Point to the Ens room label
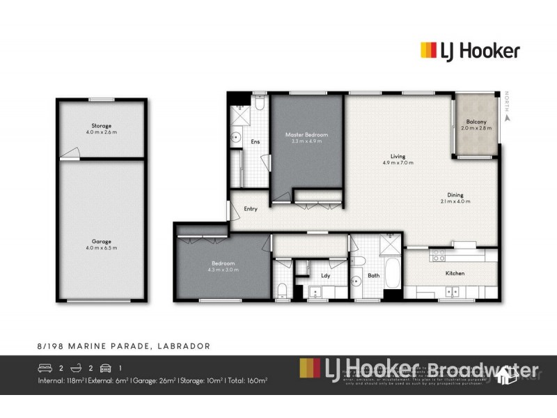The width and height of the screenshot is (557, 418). click(x=255, y=142)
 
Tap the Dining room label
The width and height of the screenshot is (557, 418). click(x=455, y=198)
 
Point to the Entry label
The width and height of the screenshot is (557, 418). click(x=251, y=208)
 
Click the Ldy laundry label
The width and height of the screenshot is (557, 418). click(x=324, y=276)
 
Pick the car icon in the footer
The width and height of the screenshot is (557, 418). click(x=105, y=367)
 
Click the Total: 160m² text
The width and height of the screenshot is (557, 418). click(x=248, y=380)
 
